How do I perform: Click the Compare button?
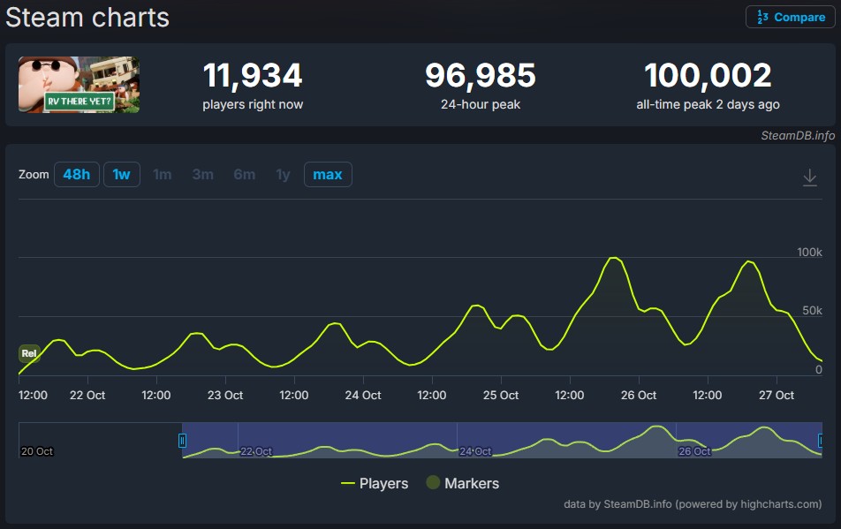coord(791,17)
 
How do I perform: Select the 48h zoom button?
coord(76,174)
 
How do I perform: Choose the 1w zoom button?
coord(122,174)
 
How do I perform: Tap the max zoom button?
coord(328,174)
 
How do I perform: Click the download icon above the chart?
coord(809,178)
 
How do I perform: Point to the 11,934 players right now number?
coord(253,76)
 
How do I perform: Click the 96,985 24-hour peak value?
coord(480,76)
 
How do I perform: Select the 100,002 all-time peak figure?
coord(708,76)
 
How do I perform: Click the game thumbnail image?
coord(80,85)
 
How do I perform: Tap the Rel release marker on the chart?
coord(29,353)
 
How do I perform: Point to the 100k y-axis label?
coord(809,253)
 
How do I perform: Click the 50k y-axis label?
coord(812,311)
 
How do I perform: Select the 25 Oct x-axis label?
coord(500,395)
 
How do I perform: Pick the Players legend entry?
coord(375,483)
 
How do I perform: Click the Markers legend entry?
coord(463,483)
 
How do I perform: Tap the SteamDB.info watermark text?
coord(798,136)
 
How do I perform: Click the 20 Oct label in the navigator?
coord(37,451)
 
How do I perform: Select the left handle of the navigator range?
coord(183,440)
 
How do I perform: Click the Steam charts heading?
coord(87,17)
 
